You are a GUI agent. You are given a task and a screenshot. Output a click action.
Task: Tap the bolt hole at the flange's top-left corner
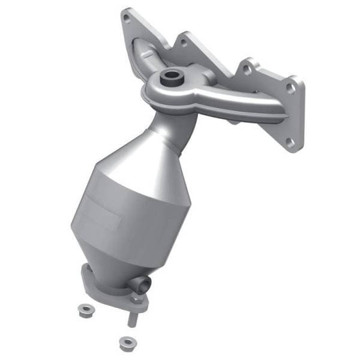126,17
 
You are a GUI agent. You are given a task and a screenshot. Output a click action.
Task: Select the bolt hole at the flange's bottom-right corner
291,142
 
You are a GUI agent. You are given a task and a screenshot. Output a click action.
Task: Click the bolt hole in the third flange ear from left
247,70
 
